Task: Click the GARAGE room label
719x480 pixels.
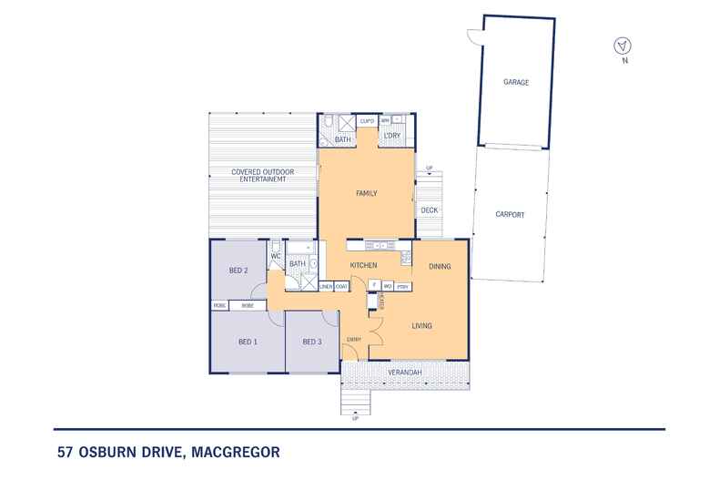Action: pos(516,82)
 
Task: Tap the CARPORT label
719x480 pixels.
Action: pos(510,215)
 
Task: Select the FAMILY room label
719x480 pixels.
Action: pos(366,193)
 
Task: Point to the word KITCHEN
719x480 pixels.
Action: pos(364,265)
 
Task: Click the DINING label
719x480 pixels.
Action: pos(441,266)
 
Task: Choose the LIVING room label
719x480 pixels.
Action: pos(421,325)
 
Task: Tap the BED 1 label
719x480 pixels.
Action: pos(248,342)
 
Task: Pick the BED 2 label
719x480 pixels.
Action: pos(238,271)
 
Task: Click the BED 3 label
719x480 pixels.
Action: pos(312,342)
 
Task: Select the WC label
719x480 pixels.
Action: pos(275,257)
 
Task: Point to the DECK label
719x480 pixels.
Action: pos(429,210)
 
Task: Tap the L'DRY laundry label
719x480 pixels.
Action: pos(392,137)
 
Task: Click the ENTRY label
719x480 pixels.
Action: pos(354,340)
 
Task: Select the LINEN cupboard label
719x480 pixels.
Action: pos(326,287)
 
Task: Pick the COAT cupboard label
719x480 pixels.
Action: pos(341,287)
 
